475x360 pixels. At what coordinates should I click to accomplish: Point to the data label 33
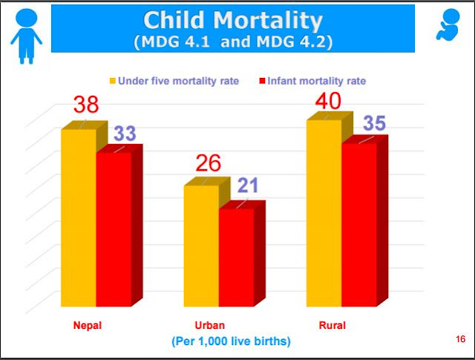(x=124, y=134)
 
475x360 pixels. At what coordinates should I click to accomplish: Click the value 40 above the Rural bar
(x=330, y=99)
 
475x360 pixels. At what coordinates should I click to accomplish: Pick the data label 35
(x=374, y=123)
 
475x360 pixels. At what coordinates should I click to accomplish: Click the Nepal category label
(x=87, y=325)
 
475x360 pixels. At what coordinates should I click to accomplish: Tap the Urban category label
(x=209, y=325)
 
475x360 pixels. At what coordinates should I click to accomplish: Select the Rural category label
(x=332, y=325)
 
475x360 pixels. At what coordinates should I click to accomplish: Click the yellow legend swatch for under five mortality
(x=114, y=81)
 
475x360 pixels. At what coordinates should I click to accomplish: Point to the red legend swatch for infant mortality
(x=264, y=81)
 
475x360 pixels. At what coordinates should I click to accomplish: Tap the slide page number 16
(x=460, y=339)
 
